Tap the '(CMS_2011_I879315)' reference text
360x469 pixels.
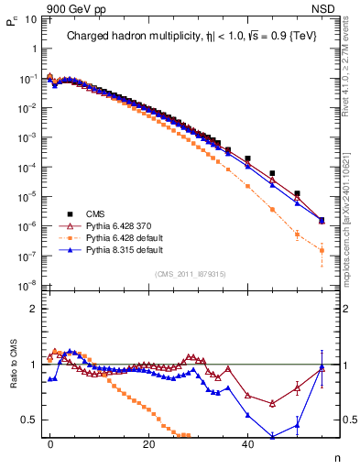[190, 274]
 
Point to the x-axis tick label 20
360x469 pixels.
[148, 443]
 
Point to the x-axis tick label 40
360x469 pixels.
[247, 443]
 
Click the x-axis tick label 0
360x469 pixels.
[50, 443]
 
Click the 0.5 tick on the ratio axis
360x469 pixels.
[28, 420]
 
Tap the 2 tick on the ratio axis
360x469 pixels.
[33, 309]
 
